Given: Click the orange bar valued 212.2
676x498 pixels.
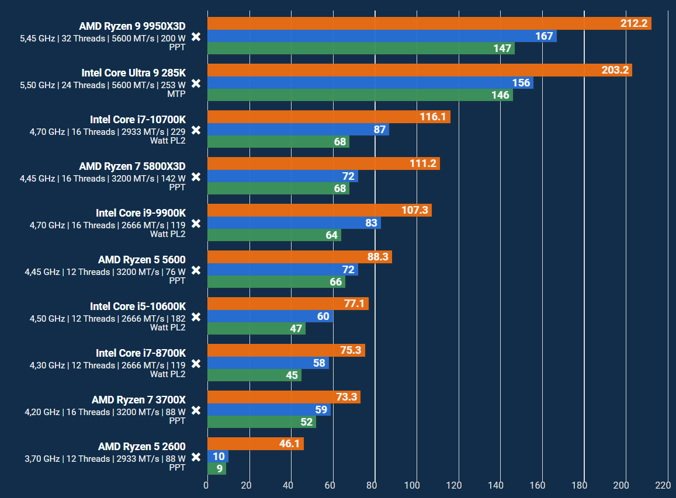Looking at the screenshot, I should pyautogui.click(x=429, y=23).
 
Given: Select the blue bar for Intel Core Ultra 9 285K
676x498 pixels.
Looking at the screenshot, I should pyautogui.click(x=370, y=83).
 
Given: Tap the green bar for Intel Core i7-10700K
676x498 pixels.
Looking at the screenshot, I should pyautogui.click(x=278, y=142).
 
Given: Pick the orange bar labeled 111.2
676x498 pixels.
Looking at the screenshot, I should pyautogui.click(x=323, y=163).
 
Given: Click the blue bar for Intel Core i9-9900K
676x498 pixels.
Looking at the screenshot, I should pyautogui.click(x=294, y=223).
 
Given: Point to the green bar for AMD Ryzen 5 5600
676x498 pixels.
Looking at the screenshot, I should pyautogui.click(x=276, y=282).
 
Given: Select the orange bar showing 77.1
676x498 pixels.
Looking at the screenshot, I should pyautogui.click(x=287, y=304).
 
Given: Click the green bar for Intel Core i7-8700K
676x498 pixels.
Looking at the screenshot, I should pyautogui.click(x=254, y=375).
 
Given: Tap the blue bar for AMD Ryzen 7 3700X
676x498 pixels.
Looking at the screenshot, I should pyautogui.click(x=269, y=410).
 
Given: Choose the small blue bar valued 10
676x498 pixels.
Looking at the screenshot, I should pyautogui.click(x=217, y=457).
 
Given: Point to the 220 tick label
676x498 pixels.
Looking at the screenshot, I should pyautogui.click(x=663, y=485).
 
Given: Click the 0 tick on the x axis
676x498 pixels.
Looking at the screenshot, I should pyautogui.click(x=206, y=485).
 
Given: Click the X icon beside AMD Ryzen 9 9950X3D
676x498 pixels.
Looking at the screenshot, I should pyautogui.click(x=196, y=37).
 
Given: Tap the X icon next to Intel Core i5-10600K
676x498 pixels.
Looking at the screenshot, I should pyautogui.click(x=196, y=317).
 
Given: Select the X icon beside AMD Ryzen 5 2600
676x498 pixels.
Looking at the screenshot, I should pyautogui.click(x=196, y=457).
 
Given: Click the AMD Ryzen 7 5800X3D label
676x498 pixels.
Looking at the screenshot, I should pyautogui.click(x=132, y=166).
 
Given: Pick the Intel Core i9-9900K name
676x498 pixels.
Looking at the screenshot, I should pyautogui.click(x=140, y=213).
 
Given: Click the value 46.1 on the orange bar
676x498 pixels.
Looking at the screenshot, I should pyautogui.click(x=289, y=444).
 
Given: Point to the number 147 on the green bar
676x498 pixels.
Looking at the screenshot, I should pyautogui.click(x=502, y=48).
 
